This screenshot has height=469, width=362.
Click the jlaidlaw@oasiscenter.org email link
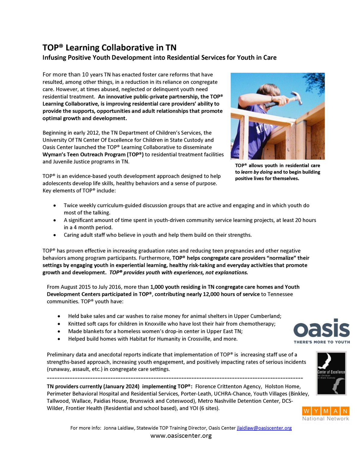tap(264, 428)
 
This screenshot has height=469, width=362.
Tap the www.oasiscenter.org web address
tap(181, 435)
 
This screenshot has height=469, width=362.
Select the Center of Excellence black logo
tap(331, 373)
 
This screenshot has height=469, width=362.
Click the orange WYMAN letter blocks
tap(325, 411)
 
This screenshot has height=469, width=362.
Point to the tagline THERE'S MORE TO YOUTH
tap(322, 342)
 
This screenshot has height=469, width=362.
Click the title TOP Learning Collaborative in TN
tap(109, 48)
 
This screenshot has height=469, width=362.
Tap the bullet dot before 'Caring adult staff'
tap(55, 235)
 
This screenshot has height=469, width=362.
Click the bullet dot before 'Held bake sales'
tap(59, 316)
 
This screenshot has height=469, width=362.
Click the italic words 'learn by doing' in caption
tap(256, 172)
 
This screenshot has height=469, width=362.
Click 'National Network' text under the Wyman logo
tap(325, 419)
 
